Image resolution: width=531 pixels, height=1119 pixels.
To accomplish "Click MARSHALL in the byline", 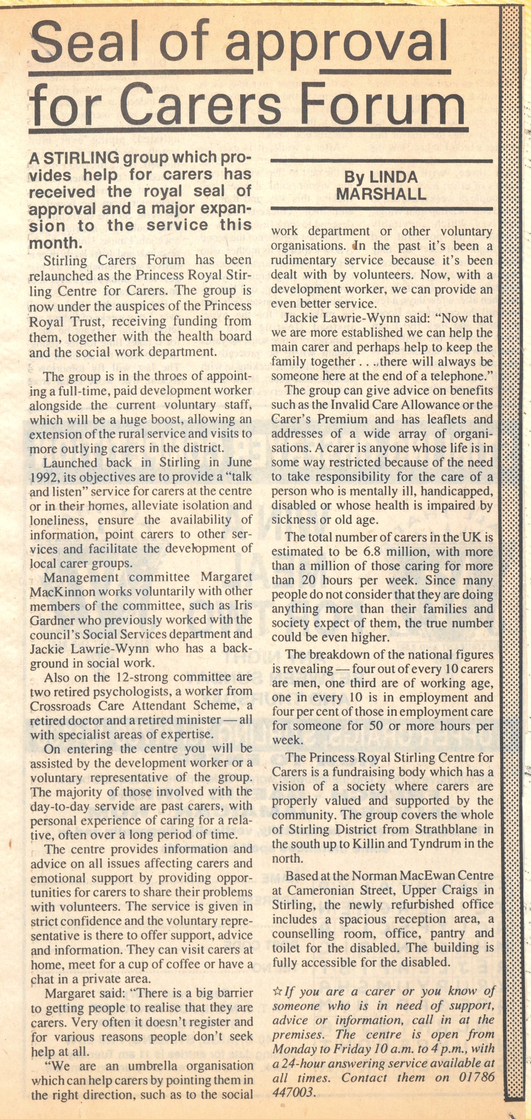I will pos(381,194).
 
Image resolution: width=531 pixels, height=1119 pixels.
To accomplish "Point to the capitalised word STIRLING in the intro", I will pos(75,158).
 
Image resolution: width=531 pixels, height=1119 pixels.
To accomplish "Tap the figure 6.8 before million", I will pos(373,552).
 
